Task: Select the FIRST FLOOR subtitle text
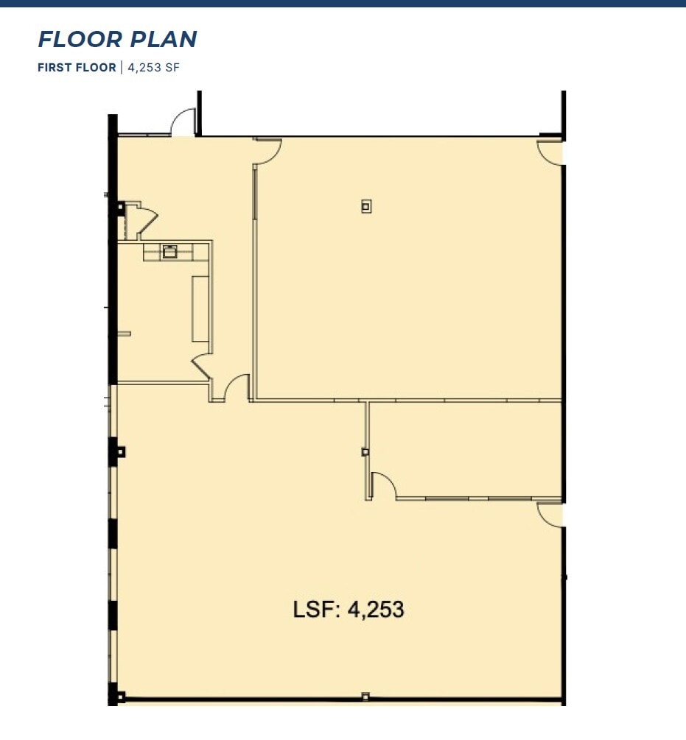click(x=77, y=68)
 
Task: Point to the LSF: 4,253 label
click(x=349, y=610)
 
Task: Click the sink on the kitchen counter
click(x=170, y=251)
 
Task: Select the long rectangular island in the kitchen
click(x=200, y=309)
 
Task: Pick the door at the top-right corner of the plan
click(x=550, y=152)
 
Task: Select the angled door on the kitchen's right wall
click(x=202, y=365)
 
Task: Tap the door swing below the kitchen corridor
click(x=237, y=388)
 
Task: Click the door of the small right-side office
click(x=384, y=486)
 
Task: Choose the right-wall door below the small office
click(x=550, y=514)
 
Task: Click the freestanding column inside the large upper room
click(x=366, y=206)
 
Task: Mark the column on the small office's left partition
click(x=365, y=451)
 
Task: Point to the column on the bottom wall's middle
click(x=365, y=695)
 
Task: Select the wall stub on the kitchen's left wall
click(x=124, y=334)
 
